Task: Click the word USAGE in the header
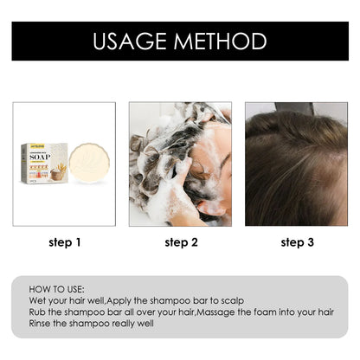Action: (132, 41)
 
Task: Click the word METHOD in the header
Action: (222, 41)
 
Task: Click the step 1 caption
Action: (64, 242)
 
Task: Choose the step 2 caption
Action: (180, 242)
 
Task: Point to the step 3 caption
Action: (296, 242)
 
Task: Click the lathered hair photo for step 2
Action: (180, 164)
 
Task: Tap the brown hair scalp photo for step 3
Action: (296, 164)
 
